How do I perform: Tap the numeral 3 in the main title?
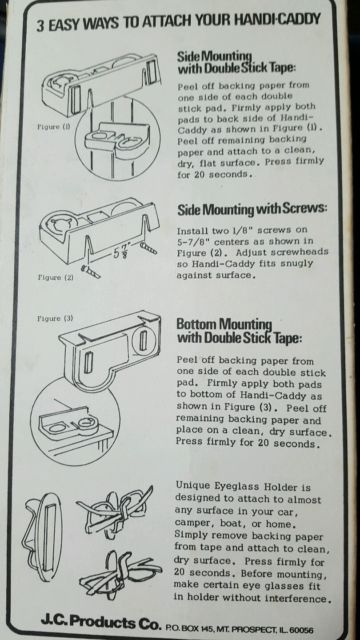(40, 25)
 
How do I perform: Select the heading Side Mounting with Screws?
(252, 210)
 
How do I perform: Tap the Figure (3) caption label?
(55, 318)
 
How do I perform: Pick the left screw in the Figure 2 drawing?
(91, 271)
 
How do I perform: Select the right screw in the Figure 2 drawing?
(148, 248)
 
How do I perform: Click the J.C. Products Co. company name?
(101, 623)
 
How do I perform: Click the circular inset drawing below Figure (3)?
(76, 422)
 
